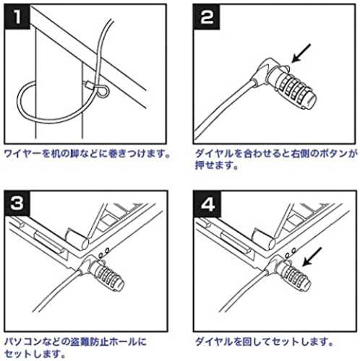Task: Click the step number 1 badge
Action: point(17,17)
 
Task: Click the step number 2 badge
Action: point(207,17)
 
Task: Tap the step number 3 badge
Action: point(17,204)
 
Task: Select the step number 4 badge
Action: point(207,204)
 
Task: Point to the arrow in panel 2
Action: point(301,53)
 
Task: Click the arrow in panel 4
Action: point(312,256)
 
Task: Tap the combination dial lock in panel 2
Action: point(292,88)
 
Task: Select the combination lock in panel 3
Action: point(106,275)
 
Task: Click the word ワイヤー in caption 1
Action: point(23,154)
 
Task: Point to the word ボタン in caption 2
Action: point(333,154)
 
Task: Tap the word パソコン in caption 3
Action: point(23,342)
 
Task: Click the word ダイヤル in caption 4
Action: point(214,342)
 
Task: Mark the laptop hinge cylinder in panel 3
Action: point(77,239)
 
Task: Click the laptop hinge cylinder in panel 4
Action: point(264,239)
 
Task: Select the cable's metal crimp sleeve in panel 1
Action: point(88,84)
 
